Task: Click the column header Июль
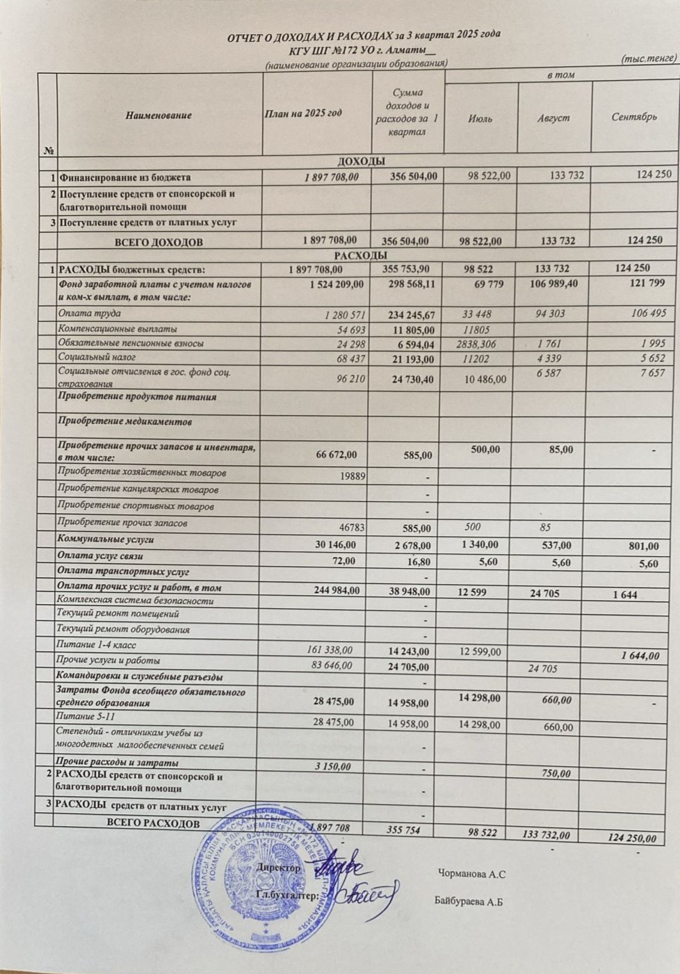click(x=480, y=119)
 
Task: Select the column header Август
click(x=553, y=118)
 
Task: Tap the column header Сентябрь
click(x=634, y=117)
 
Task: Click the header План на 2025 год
click(x=304, y=113)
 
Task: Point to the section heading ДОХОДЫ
click(x=362, y=162)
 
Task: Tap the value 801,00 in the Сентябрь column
click(x=644, y=546)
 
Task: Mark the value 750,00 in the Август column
click(x=556, y=773)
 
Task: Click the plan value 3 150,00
click(x=330, y=766)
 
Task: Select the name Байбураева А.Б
click(x=468, y=902)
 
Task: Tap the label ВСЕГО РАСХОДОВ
click(x=152, y=824)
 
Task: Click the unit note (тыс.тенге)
click(x=648, y=58)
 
